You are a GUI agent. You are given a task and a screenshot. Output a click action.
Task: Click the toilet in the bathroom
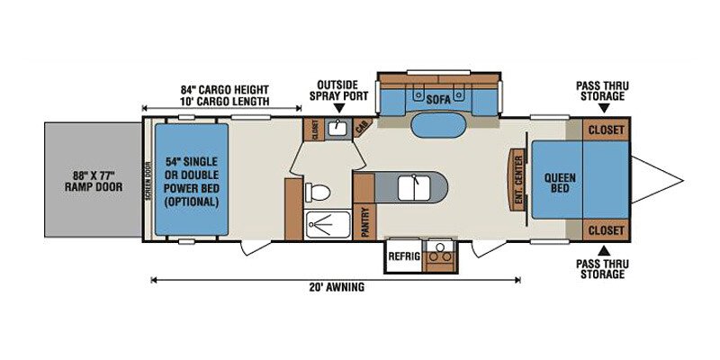click(x=319, y=192)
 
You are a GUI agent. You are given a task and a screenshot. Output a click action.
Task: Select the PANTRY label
click(x=365, y=221)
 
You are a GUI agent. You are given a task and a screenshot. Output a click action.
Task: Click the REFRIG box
click(x=404, y=256)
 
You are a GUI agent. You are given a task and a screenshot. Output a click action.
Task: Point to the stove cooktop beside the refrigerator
click(x=439, y=256)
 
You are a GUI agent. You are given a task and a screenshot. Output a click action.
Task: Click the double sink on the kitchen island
click(x=414, y=188)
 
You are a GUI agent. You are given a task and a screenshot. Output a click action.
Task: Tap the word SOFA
click(x=438, y=99)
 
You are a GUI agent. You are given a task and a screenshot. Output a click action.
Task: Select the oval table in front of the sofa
click(x=438, y=125)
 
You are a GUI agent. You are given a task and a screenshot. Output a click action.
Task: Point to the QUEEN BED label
click(x=560, y=183)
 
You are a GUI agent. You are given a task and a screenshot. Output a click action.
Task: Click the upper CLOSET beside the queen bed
click(x=606, y=130)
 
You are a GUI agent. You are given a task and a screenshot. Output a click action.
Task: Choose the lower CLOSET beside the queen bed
click(x=606, y=230)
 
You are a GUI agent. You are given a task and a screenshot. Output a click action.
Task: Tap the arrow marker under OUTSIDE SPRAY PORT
click(x=339, y=108)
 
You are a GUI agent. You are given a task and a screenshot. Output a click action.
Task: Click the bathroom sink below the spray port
click(x=339, y=128)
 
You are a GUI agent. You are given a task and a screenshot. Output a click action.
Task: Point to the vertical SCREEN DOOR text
click(x=148, y=180)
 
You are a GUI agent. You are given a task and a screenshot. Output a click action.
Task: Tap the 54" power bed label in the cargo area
click(x=191, y=182)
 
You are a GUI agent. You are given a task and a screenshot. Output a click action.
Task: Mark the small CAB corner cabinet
click(x=363, y=127)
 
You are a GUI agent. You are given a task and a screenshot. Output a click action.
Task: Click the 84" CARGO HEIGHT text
click(x=224, y=89)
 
